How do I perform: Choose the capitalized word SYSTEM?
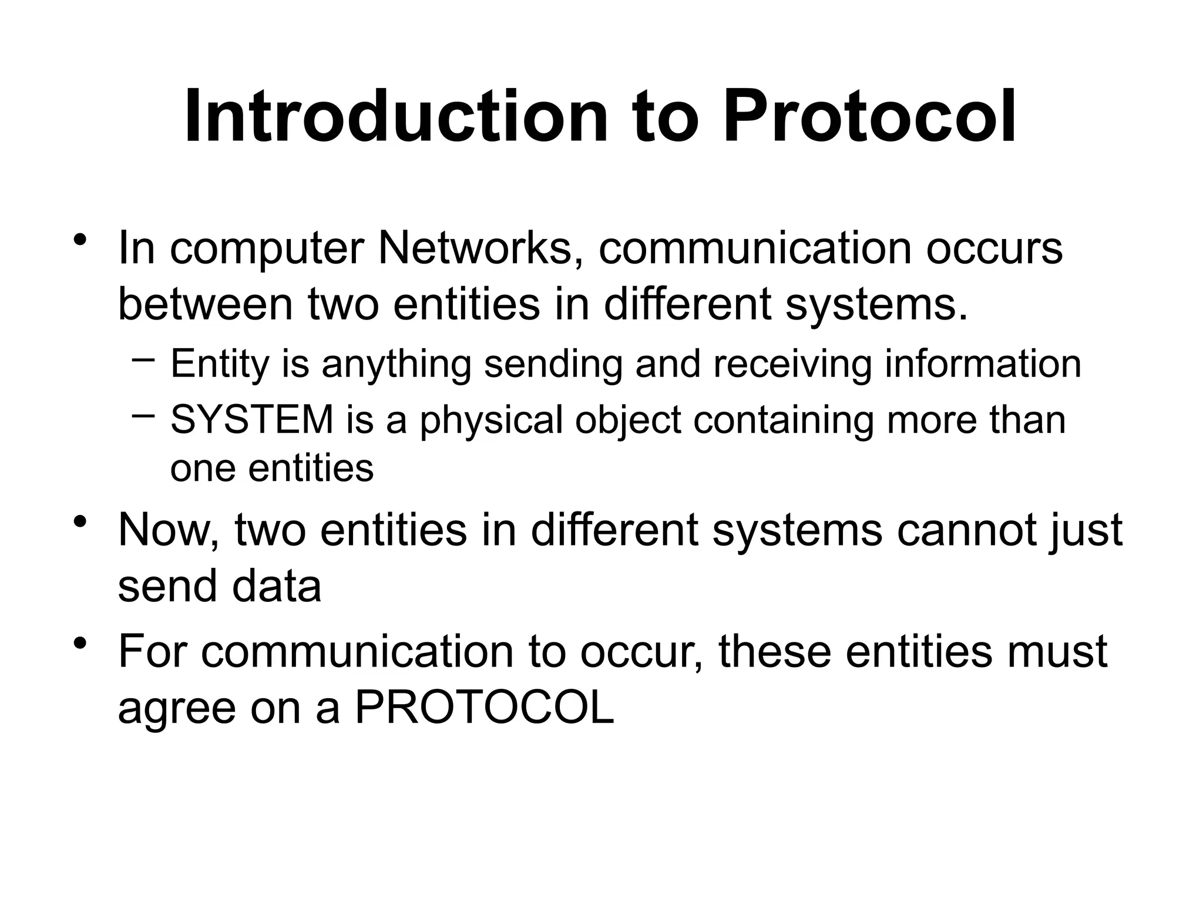(x=252, y=420)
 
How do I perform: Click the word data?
(x=277, y=585)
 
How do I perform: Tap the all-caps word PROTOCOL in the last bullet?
(x=485, y=708)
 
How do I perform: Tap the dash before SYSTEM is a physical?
(x=144, y=415)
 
